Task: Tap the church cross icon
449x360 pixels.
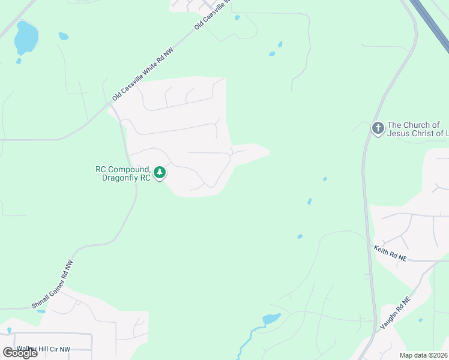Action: pos(378,128)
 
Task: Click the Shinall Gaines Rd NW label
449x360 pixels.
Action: pos(53,284)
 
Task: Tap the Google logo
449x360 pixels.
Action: pos(20,353)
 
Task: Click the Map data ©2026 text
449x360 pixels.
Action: pos(424,355)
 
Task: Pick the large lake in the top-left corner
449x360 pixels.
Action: pos(25,37)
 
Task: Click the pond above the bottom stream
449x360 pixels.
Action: pos(271,319)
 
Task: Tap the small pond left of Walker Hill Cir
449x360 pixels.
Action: pos(9,330)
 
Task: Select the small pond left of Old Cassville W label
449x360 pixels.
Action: pos(237,17)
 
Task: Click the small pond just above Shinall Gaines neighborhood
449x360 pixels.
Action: pos(41,311)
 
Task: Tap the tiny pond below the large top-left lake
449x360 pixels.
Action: pos(19,61)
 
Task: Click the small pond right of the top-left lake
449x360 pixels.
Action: pos(63,36)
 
